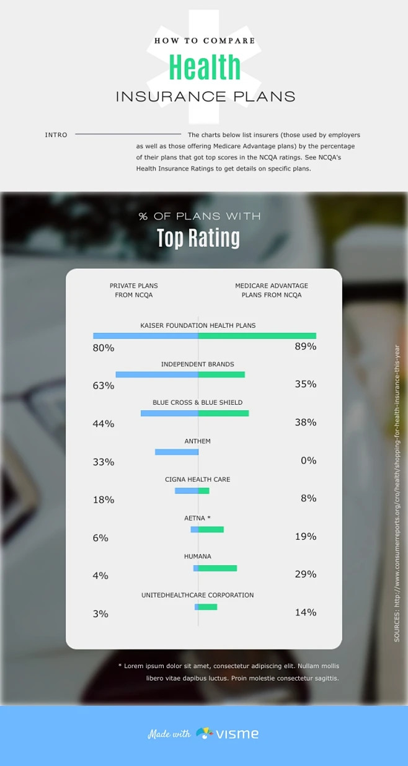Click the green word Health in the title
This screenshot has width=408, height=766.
point(204,68)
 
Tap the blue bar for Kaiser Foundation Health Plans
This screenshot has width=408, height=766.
point(146,336)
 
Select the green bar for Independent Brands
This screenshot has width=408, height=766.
point(221,374)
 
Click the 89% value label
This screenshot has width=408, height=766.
point(306,346)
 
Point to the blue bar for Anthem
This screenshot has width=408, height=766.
point(177,452)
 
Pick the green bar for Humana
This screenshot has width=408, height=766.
point(218,568)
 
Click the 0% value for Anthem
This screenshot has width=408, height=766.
point(308,460)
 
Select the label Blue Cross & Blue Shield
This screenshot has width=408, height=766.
point(197,403)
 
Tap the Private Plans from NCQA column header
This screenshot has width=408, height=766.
point(134,291)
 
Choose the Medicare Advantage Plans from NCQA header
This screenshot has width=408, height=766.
point(272,291)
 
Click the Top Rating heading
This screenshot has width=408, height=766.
point(198,238)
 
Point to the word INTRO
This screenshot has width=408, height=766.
point(56,134)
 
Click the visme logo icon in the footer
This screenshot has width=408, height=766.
point(205,733)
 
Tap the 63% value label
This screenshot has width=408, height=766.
point(104,385)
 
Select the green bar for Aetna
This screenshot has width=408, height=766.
point(211,529)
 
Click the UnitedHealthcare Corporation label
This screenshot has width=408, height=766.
point(197,595)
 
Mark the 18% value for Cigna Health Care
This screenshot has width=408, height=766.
point(104,500)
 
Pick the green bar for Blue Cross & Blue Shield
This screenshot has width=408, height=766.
point(223,413)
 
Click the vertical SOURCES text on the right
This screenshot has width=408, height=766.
point(397,493)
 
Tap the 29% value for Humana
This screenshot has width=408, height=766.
point(306,574)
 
